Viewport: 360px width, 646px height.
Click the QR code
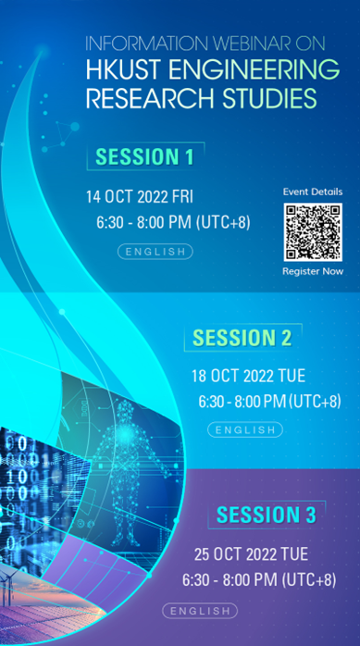313,232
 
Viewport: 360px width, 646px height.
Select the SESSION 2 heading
242,339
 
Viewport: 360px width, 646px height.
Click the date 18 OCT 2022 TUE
246,377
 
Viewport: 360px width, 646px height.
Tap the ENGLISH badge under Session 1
155,251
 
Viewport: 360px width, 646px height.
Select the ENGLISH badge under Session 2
245,429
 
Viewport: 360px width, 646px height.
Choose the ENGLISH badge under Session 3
199,610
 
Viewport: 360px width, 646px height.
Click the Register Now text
313,271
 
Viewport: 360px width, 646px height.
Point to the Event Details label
313,192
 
